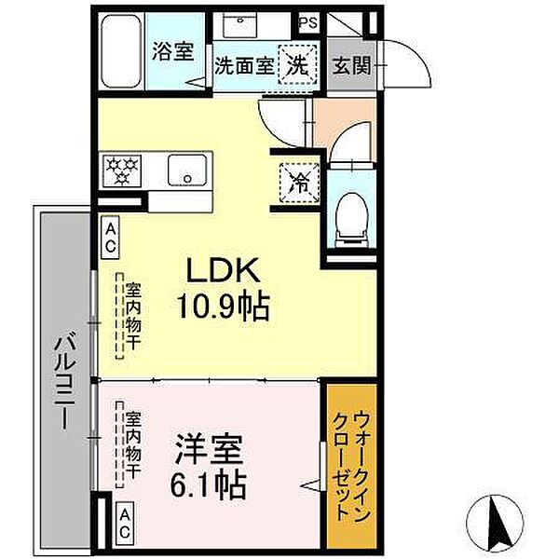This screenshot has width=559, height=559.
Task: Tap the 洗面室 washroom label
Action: tap(244, 66)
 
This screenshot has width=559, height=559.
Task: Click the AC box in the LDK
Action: tap(110, 237)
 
